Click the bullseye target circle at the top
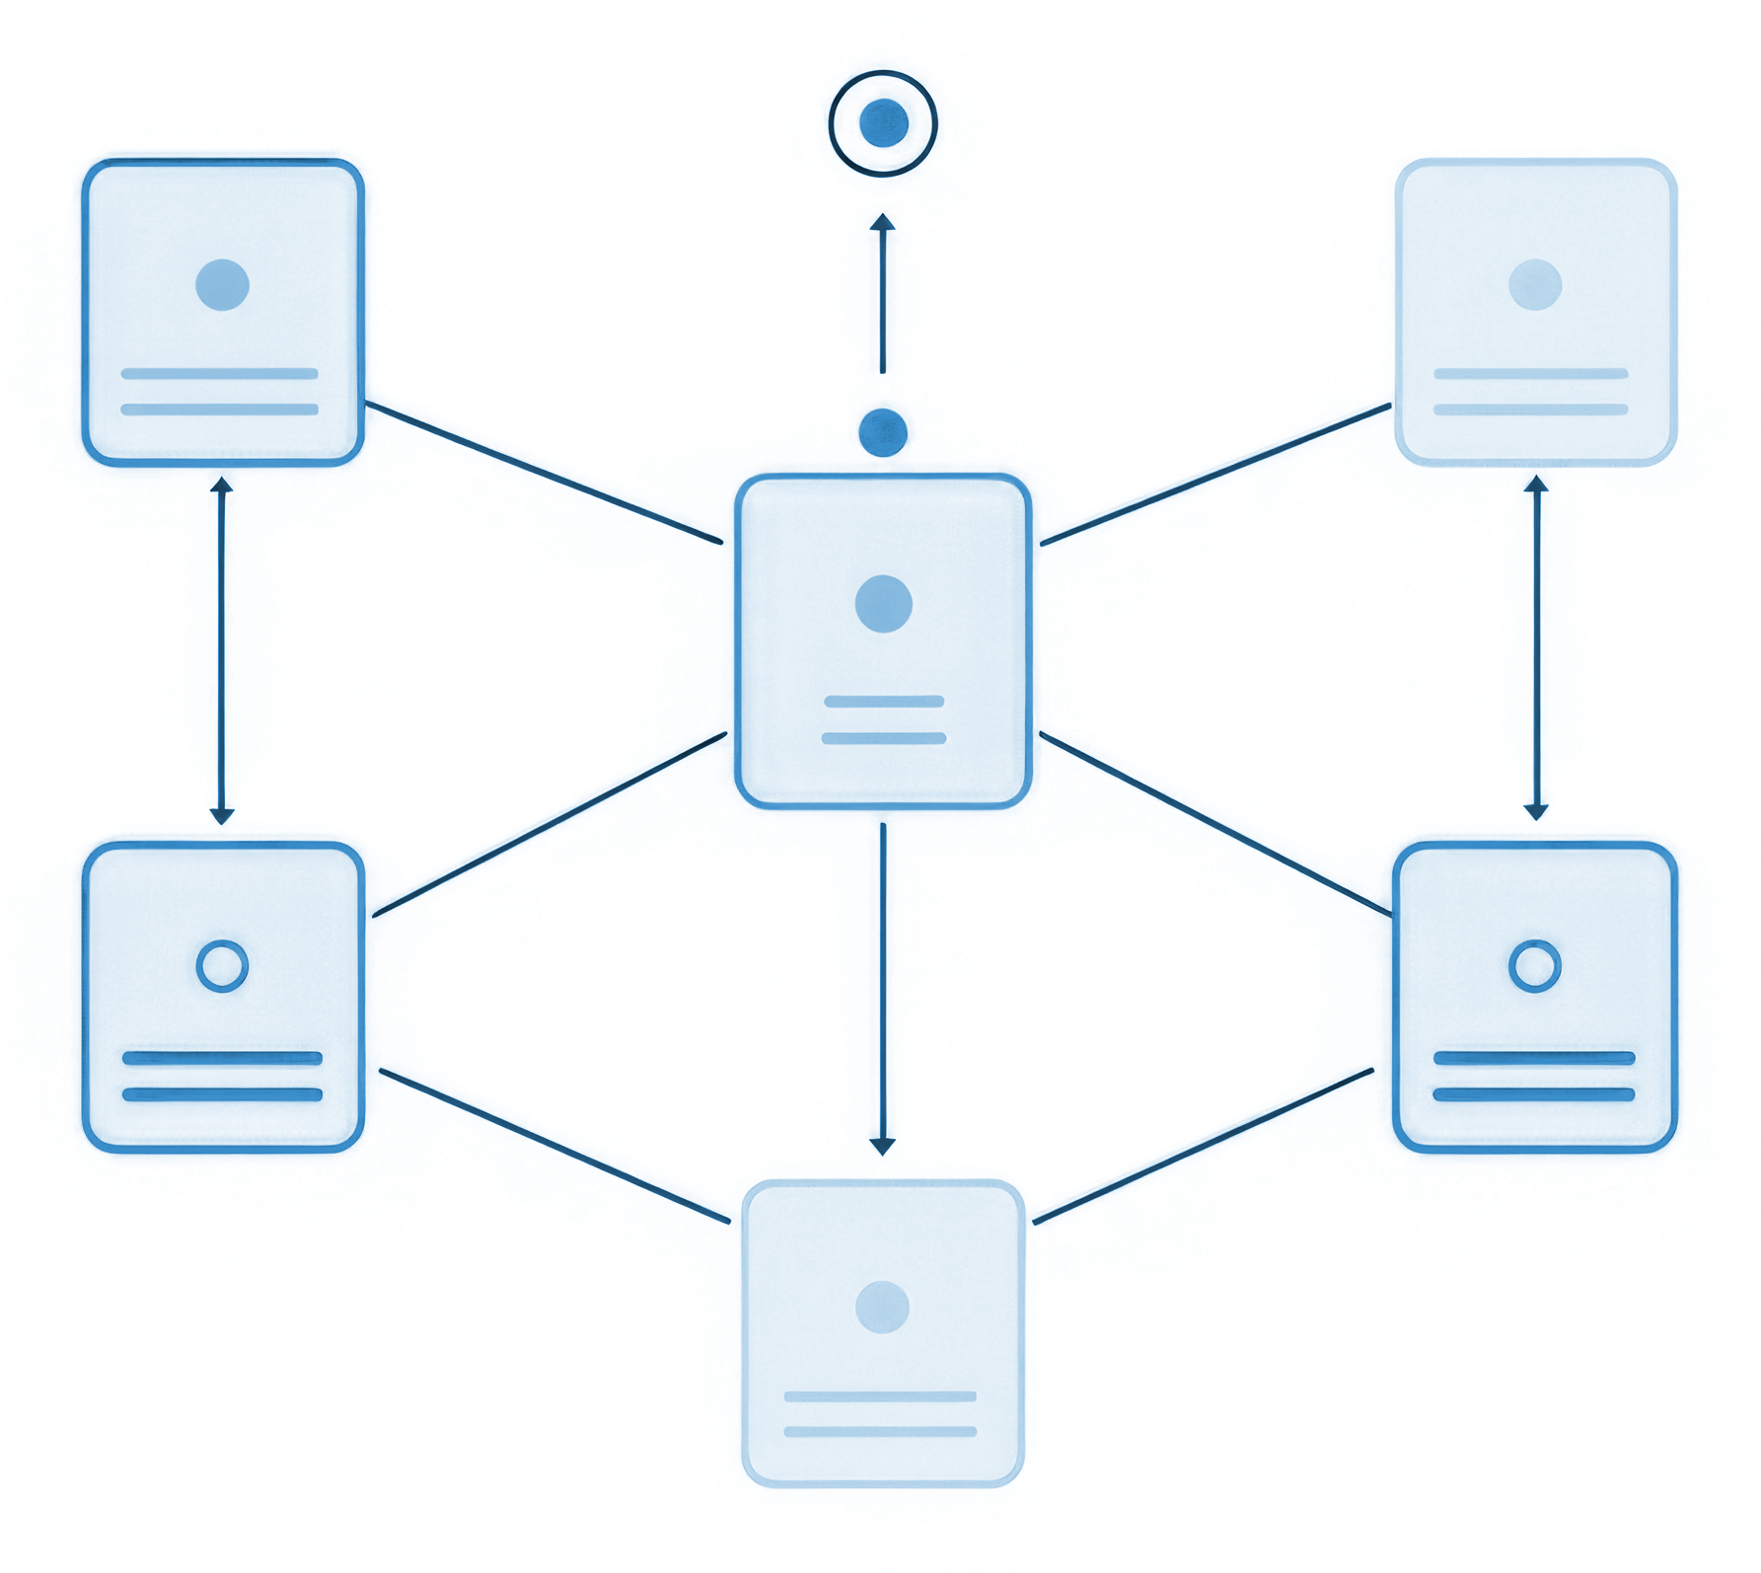(x=883, y=123)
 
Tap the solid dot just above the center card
(x=883, y=432)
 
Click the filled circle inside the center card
(x=884, y=603)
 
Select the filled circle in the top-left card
(x=222, y=285)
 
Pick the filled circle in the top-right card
(x=1535, y=285)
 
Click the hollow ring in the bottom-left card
(x=222, y=965)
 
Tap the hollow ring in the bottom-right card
(x=1534, y=965)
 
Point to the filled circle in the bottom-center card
(x=882, y=1307)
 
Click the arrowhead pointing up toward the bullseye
(x=883, y=223)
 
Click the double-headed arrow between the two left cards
(x=222, y=651)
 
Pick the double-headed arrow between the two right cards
(x=1535, y=648)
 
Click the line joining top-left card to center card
(x=544, y=473)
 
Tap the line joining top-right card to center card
(x=1215, y=475)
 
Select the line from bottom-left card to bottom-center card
(x=554, y=1147)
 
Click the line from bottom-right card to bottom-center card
(x=1203, y=1147)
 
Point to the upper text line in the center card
(x=884, y=702)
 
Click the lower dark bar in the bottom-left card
(x=222, y=1094)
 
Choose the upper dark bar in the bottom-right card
(x=1533, y=1059)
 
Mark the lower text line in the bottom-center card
(x=880, y=1431)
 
